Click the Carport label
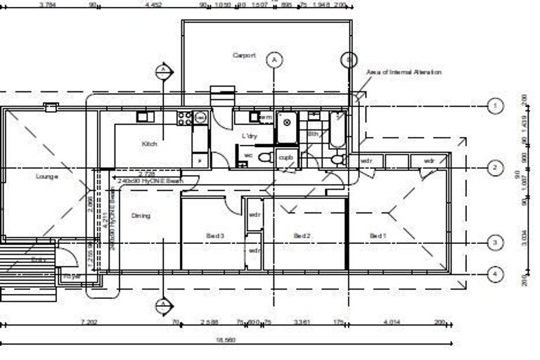point(244,56)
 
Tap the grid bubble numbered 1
point(496,106)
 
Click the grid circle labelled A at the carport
point(274,60)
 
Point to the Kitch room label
point(149,143)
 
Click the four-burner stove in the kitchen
point(185,117)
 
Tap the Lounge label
point(46,176)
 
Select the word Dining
point(141,216)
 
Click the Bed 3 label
point(215,236)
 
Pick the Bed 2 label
point(302,236)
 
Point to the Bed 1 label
point(378,236)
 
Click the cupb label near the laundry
point(285,157)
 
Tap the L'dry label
point(249,135)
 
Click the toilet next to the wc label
point(264,157)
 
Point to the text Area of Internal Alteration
point(404,72)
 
